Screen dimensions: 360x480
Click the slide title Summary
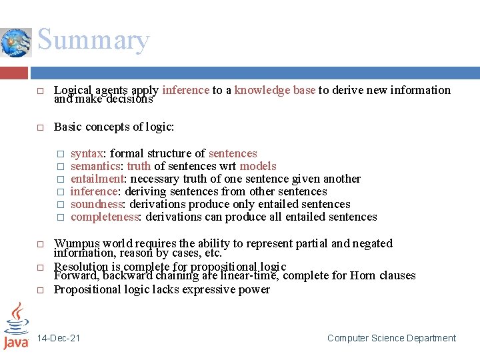(93, 41)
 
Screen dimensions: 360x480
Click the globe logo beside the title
(16, 43)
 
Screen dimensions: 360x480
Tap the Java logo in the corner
(16, 326)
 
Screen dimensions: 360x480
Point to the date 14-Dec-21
(59, 338)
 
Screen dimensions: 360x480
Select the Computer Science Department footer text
(391, 338)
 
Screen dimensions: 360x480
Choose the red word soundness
(97, 204)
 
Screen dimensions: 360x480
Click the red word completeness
(105, 217)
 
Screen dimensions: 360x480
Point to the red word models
(258, 166)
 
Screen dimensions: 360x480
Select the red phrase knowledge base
(275, 90)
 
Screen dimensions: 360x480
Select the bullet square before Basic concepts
(39, 127)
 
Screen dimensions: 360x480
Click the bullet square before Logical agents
(39, 91)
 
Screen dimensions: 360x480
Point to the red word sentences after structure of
(233, 153)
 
